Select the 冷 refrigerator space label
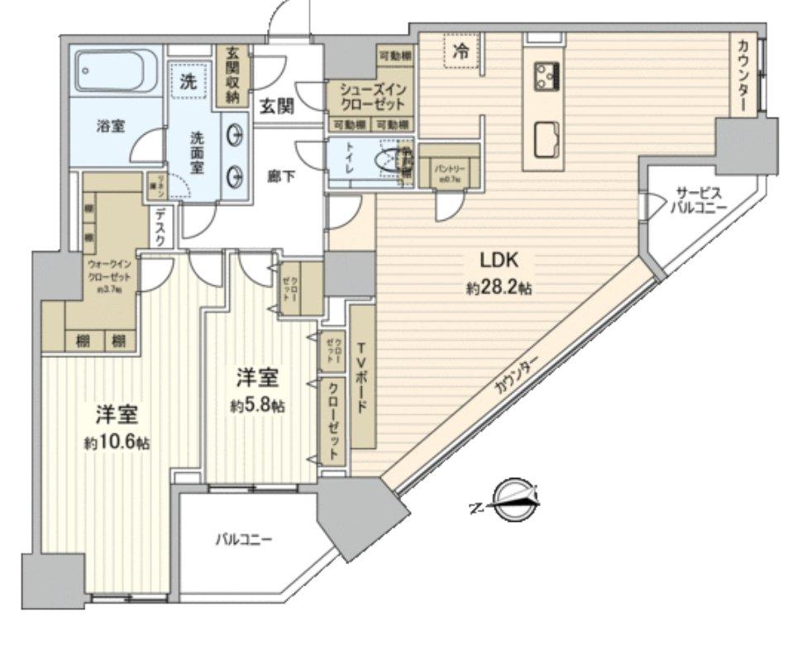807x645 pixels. tap(461, 50)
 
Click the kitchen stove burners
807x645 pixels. tap(546, 76)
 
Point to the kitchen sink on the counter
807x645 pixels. tap(546, 139)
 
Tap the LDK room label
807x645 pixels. tap(499, 262)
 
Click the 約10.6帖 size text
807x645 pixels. tap(115, 442)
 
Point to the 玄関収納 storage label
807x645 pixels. tap(232, 75)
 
